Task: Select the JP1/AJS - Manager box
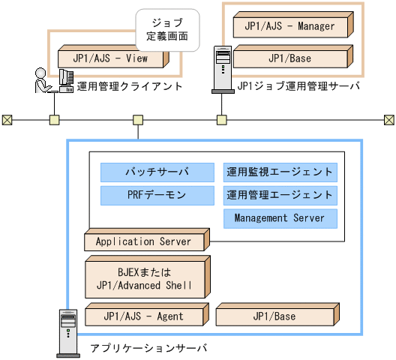click(290, 26)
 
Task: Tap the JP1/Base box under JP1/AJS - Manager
click(290, 58)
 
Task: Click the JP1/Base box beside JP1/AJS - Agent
click(274, 316)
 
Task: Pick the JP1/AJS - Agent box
click(144, 316)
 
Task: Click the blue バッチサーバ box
click(157, 172)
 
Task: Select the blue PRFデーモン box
click(157, 196)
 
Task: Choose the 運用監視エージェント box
click(280, 172)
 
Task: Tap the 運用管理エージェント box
click(280, 196)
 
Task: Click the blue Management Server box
click(280, 218)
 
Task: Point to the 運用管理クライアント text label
click(130, 86)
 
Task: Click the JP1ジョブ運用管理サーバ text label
click(298, 86)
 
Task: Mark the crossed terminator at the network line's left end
click(7, 119)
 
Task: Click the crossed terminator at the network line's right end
click(389, 119)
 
